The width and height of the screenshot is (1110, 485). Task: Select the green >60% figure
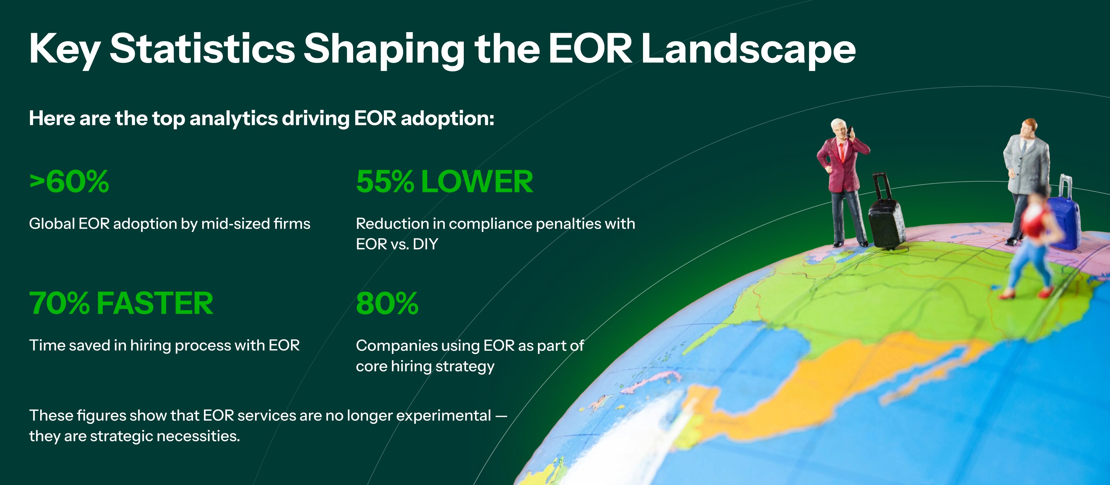(x=69, y=181)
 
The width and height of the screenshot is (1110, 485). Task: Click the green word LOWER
(x=477, y=181)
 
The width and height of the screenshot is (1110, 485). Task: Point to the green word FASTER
(x=155, y=303)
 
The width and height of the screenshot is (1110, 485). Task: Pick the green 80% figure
(x=387, y=303)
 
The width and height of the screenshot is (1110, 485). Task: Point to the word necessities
(x=198, y=436)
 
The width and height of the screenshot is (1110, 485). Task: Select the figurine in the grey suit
(x=1025, y=181)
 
